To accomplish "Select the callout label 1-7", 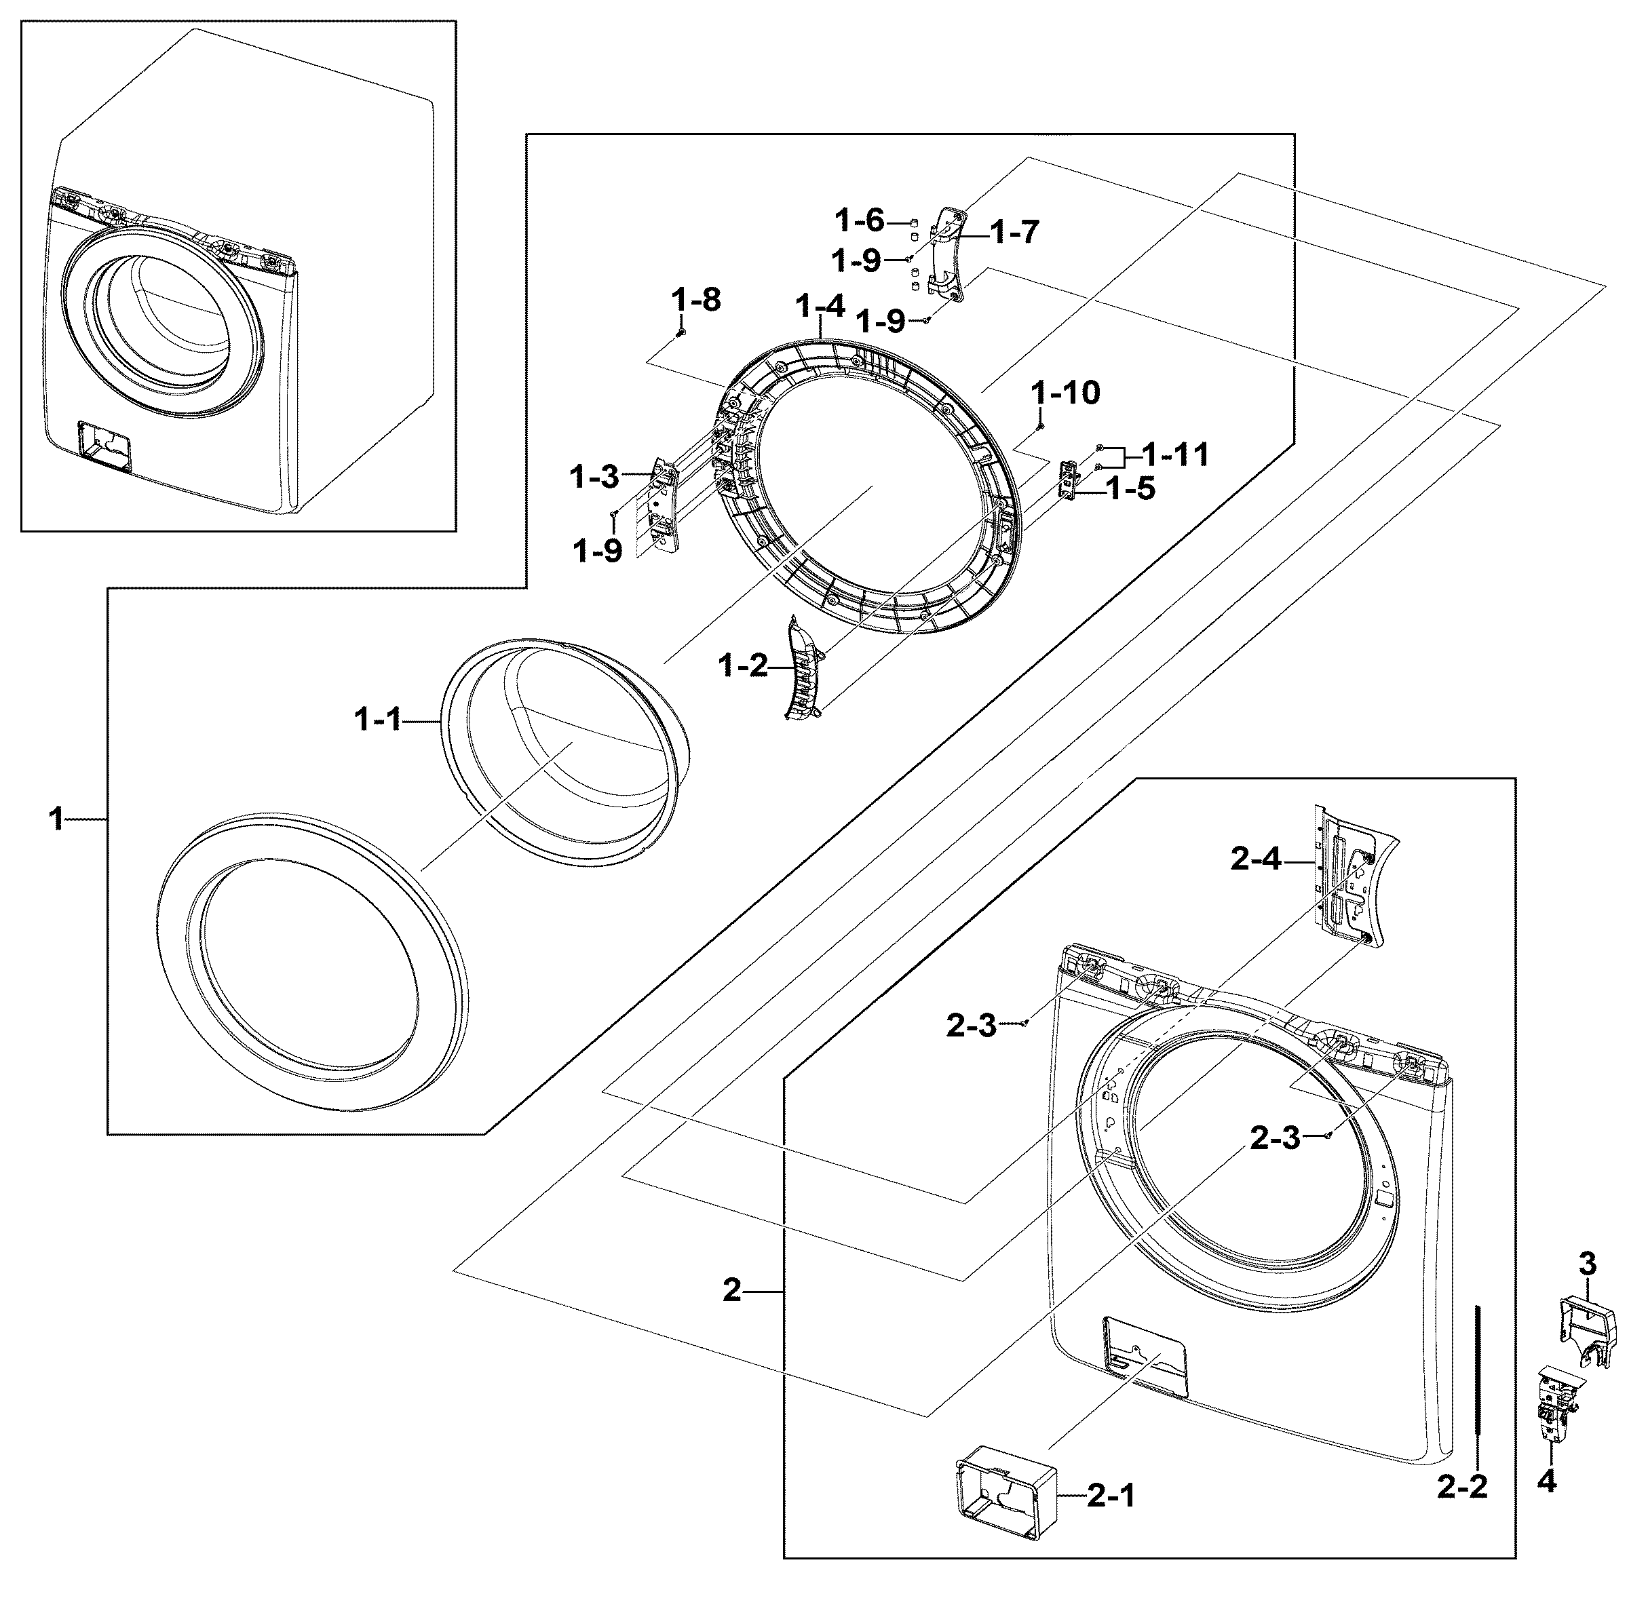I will (x=1014, y=231).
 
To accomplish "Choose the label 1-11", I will (x=1175, y=454).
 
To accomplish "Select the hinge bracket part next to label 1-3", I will (x=663, y=506).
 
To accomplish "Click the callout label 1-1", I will (x=377, y=721).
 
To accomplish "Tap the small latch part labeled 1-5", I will (x=1070, y=481).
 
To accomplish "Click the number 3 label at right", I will (x=1587, y=1265).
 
